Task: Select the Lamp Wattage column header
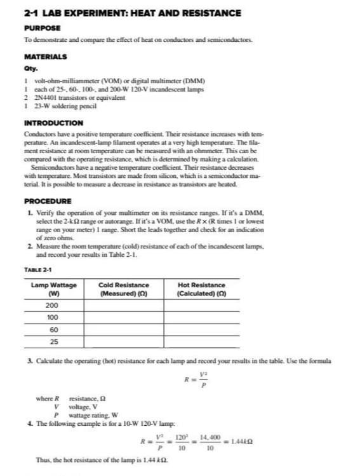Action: click(x=54, y=289)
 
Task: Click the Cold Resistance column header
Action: click(x=124, y=289)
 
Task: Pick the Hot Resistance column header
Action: click(x=201, y=289)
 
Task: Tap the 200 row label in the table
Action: click(x=54, y=305)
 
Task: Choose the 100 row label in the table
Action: click(x=54, y=317)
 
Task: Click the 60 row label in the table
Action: click(x=54, y=330)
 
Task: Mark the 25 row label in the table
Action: click(x=54, y=342)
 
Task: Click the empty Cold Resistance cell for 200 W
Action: click(x=124, y=305)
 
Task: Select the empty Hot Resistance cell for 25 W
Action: click(x=201, y=342)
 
